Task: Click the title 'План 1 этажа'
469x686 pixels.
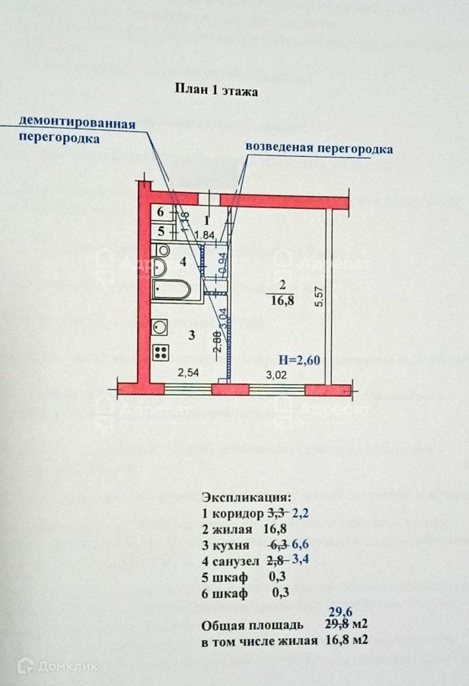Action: [218, 91]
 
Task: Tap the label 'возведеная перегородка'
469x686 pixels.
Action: [319, 148]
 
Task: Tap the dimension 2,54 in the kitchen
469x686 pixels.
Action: [188, 373]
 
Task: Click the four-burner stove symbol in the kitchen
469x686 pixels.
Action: [161, 351]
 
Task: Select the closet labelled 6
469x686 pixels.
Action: [161, 213]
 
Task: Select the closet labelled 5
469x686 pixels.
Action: [161, 230]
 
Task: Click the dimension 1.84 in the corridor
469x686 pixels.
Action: [203, 235]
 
